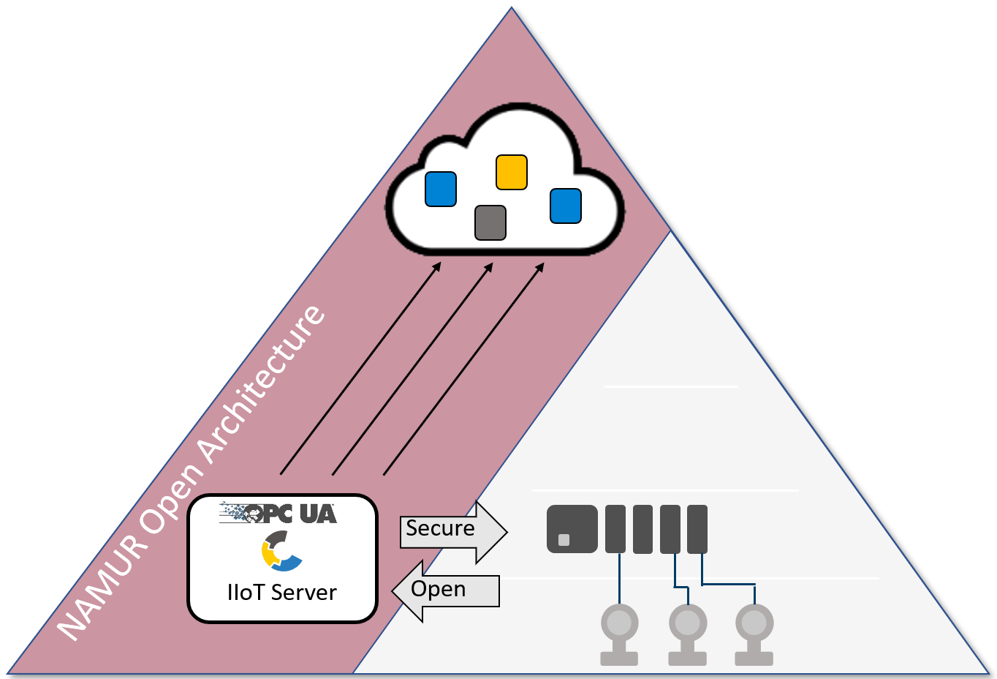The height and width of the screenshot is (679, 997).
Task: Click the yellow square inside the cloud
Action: (x=512, y=173)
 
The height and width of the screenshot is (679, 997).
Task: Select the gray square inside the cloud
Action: (x=490, y=222)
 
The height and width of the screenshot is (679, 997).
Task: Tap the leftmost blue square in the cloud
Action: (x=441, y=189)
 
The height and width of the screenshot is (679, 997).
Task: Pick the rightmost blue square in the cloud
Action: (x=566, y=206)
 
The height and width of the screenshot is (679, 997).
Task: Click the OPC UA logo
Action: (x=278, y=513)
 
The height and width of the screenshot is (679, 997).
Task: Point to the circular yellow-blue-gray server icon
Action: (x=281, y=551)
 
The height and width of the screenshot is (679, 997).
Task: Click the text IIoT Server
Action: (x=282, y=592)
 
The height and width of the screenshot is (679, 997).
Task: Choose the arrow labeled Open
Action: (x=446, y=590)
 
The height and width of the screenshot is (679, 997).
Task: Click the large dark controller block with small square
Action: (x=572, y=528)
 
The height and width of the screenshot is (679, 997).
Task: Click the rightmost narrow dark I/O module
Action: (x=697, y=528)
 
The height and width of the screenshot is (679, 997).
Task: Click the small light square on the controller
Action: (x=564, y=540)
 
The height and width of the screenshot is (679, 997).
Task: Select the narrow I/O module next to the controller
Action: (x=615, y=528)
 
